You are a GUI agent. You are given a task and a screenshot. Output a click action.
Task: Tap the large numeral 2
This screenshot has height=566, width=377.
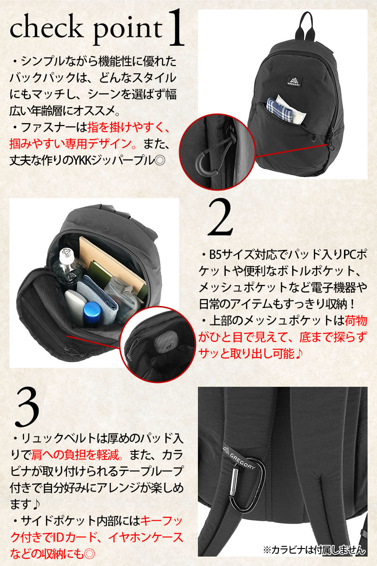220,218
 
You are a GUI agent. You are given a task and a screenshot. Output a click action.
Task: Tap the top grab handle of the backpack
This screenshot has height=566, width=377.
307,26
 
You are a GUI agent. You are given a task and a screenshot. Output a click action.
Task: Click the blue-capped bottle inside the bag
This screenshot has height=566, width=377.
92,313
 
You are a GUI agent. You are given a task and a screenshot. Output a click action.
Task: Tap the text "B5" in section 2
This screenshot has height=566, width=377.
215,255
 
